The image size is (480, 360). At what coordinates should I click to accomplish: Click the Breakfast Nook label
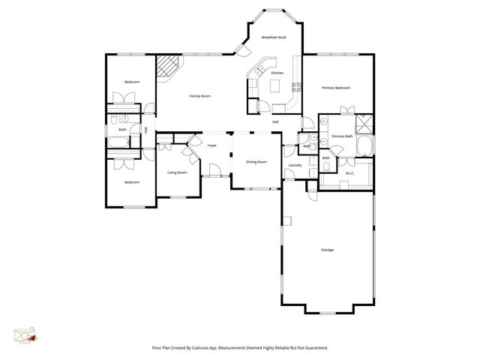point(274,37)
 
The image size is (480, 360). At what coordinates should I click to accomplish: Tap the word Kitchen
point(277,73)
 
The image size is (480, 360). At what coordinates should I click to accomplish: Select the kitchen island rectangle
point(275,87)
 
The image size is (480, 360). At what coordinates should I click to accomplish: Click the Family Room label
point(199,96)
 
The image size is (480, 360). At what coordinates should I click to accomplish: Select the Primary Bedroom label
point(336,88)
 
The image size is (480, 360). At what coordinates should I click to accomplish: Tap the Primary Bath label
point(342,136)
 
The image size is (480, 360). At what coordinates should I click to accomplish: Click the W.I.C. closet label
point(350,174)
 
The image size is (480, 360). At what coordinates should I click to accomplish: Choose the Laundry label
point(295,165)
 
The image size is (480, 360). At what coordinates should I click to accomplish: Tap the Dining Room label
point(256,161)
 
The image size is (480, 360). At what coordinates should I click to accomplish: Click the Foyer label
point(212,145)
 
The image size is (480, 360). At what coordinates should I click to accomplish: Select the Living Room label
point(177,172)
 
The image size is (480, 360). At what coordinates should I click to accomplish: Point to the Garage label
point(327,250)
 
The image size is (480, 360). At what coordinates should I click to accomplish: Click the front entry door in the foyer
point(214,174)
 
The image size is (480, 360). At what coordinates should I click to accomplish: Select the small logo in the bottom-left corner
point(25,335)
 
